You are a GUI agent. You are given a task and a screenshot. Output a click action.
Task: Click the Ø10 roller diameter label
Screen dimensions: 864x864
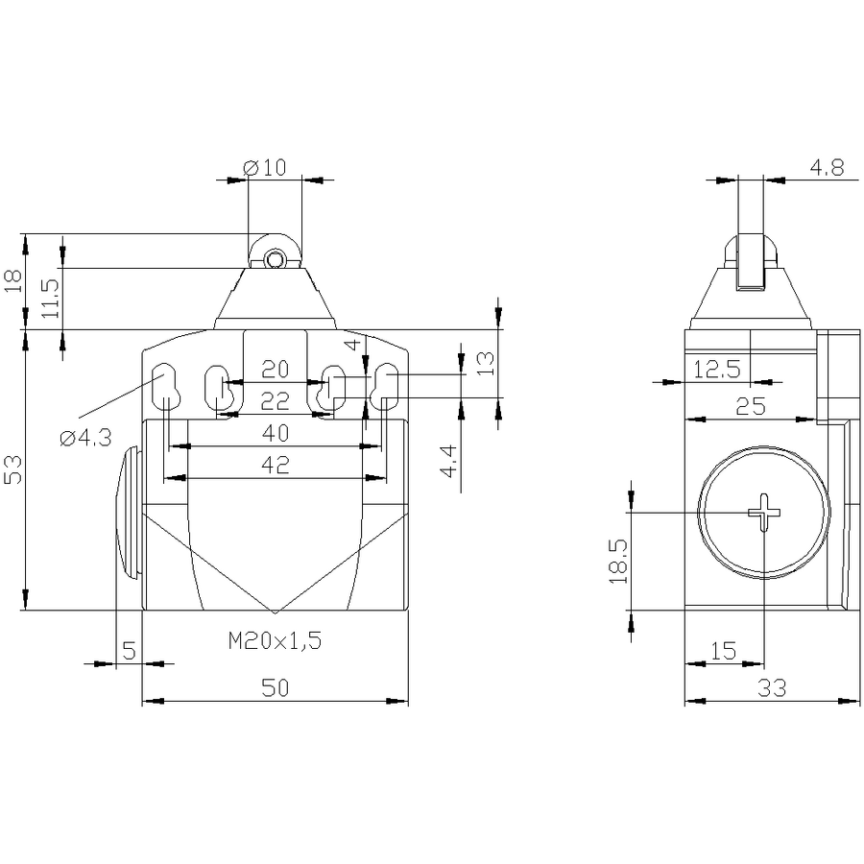click(x=265, y=167)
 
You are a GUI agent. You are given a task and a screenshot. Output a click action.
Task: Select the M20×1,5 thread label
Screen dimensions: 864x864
click(x=275, y=640)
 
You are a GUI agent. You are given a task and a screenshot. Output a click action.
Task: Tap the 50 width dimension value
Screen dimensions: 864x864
click(x=275, y=687)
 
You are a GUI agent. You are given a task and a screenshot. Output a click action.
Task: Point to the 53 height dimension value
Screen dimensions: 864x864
click(x=13, y=469)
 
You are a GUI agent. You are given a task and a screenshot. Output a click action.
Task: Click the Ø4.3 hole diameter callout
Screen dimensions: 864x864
click(x=86, y=438)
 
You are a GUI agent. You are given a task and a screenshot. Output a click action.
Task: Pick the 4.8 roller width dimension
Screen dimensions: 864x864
click(x=827, y=167)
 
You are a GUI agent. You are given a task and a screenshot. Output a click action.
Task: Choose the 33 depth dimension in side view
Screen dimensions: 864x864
click(x=772, y=687)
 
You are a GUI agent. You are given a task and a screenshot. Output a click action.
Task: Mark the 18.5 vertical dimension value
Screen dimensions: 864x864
click(x=618, y=561)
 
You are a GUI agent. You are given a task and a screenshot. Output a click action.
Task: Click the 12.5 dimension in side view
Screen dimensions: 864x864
click(x=717, y=370)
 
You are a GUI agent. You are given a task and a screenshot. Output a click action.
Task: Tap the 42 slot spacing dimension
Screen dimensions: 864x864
click(x=275, y=465)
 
